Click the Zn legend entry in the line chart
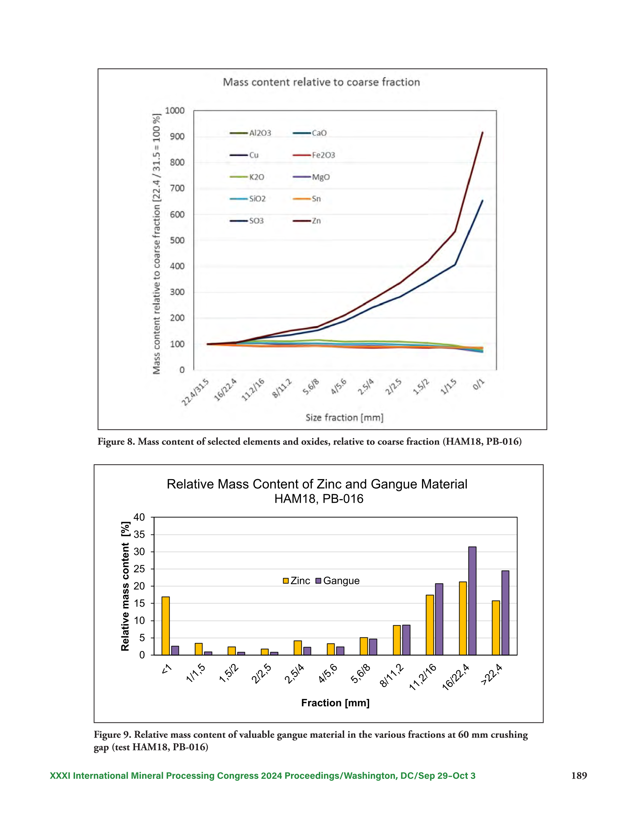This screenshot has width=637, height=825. [307, 220]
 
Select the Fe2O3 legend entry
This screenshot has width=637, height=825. [314, 155]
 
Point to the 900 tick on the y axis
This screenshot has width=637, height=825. [177, 136]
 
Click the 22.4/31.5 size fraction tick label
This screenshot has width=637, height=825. [195, 392]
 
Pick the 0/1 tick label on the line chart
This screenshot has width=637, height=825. [479, 384]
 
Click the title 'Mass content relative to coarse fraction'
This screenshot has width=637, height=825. [321, 82]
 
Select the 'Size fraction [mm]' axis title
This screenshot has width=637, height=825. [344, 417]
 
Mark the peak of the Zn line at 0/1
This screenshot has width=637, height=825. [482, 132]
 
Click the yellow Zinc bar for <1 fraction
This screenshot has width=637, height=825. [166, 626]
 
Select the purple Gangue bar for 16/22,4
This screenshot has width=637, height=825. [472, 601]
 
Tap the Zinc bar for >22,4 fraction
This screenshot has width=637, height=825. [496, 627]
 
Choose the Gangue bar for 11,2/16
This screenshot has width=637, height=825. [439, 619]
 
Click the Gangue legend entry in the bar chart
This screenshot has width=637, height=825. [337, 581]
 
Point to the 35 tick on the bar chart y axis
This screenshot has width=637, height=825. [139, 535]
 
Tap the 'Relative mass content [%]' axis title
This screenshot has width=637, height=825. [125, 586]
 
